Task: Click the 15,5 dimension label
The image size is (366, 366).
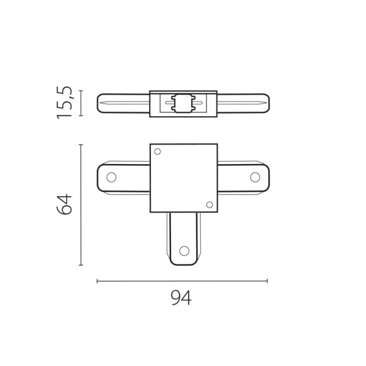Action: (x=65, y=103)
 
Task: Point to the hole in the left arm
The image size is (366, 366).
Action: (x=112, y=177)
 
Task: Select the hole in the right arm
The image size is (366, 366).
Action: (x=256, y=177)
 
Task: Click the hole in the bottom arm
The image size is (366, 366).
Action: (x=184, y=251)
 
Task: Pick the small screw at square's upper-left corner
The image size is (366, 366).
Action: (x=158, y=151)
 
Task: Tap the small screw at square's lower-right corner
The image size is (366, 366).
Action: (x=210, y=204)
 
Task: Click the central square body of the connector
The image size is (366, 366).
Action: (x=184, y=178)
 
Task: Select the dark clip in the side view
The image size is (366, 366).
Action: (x=184, y=103)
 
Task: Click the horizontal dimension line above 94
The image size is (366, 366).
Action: (x=182, y=281)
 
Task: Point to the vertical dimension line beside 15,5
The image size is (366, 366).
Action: (x=81, y=103)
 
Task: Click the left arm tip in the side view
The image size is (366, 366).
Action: (x=100, y=103)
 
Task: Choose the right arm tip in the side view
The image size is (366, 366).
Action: (x=267, y=103)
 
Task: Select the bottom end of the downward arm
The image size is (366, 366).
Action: (x=184, y=263)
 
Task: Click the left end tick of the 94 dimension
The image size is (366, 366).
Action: (x=97, y=281)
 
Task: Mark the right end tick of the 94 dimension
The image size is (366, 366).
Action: (x=268, y=281)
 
